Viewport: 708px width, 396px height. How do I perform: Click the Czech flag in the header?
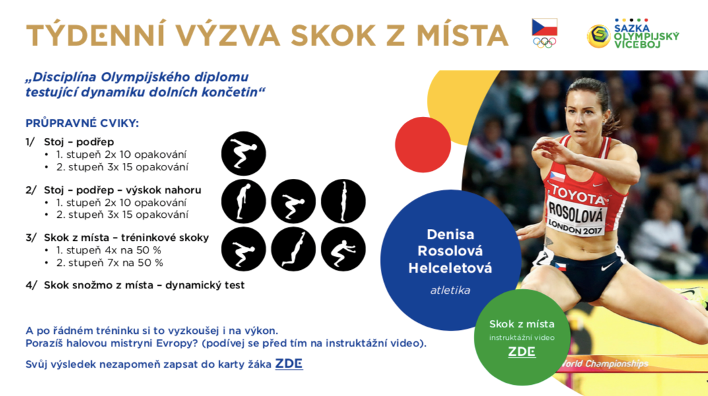coord(544,27)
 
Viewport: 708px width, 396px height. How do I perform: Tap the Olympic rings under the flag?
coord(544,42)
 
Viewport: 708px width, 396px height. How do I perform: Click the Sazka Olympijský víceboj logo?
coord(633,34)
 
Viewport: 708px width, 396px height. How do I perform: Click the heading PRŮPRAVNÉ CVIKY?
coord(82,123)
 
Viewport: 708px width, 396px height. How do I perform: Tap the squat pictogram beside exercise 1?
coord(243,154)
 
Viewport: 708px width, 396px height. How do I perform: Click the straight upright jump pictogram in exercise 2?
coord(343,201)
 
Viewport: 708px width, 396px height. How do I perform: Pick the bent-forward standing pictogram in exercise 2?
coord(243,201)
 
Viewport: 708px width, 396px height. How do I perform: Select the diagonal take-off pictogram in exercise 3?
coord(293,249)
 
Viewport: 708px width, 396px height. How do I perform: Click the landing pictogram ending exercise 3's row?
coord(343,249)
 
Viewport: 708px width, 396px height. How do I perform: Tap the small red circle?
coord(423,145)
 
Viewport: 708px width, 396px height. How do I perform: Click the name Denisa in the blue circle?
coord(450,234)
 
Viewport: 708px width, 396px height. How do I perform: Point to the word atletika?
coord(450,290)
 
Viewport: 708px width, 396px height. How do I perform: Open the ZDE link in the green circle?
coord(521,352)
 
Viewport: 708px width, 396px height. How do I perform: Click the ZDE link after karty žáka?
coord(289,364)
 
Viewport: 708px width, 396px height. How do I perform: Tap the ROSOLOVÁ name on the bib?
coord(575,212)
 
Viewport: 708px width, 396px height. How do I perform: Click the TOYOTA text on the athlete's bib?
coord(578,195)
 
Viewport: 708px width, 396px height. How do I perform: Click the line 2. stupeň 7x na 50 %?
coord(110,263)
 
